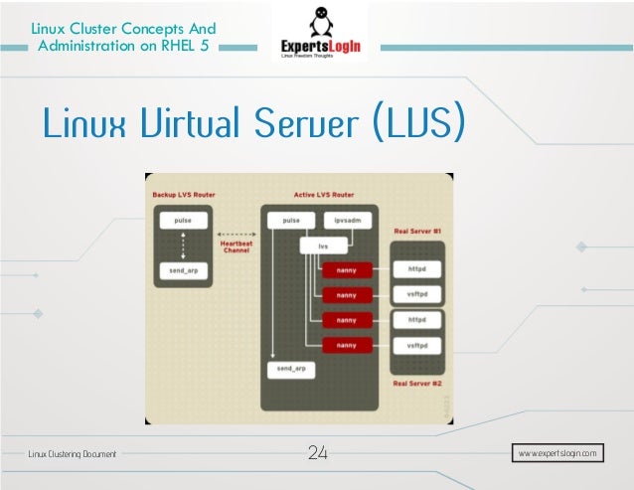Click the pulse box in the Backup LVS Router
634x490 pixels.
pos(181,220)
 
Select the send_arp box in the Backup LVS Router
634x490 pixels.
pos(181,269)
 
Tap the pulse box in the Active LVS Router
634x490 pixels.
pos(291,220)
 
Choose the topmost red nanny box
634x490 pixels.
pos(347,269)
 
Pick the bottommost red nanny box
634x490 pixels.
pos(347,345)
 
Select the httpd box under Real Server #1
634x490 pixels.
pos(417,269)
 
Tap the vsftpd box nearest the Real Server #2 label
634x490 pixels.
pos(417,345)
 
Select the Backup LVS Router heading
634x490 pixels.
pos(184,194)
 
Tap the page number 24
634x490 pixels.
pos(318,453)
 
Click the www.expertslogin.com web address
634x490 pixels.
pos(558,453)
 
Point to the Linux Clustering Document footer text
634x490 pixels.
pos(72,454)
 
